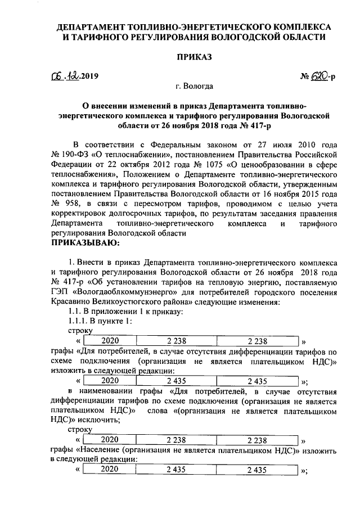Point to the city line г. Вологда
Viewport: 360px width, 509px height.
194,87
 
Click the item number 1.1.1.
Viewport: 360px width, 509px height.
79,321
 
